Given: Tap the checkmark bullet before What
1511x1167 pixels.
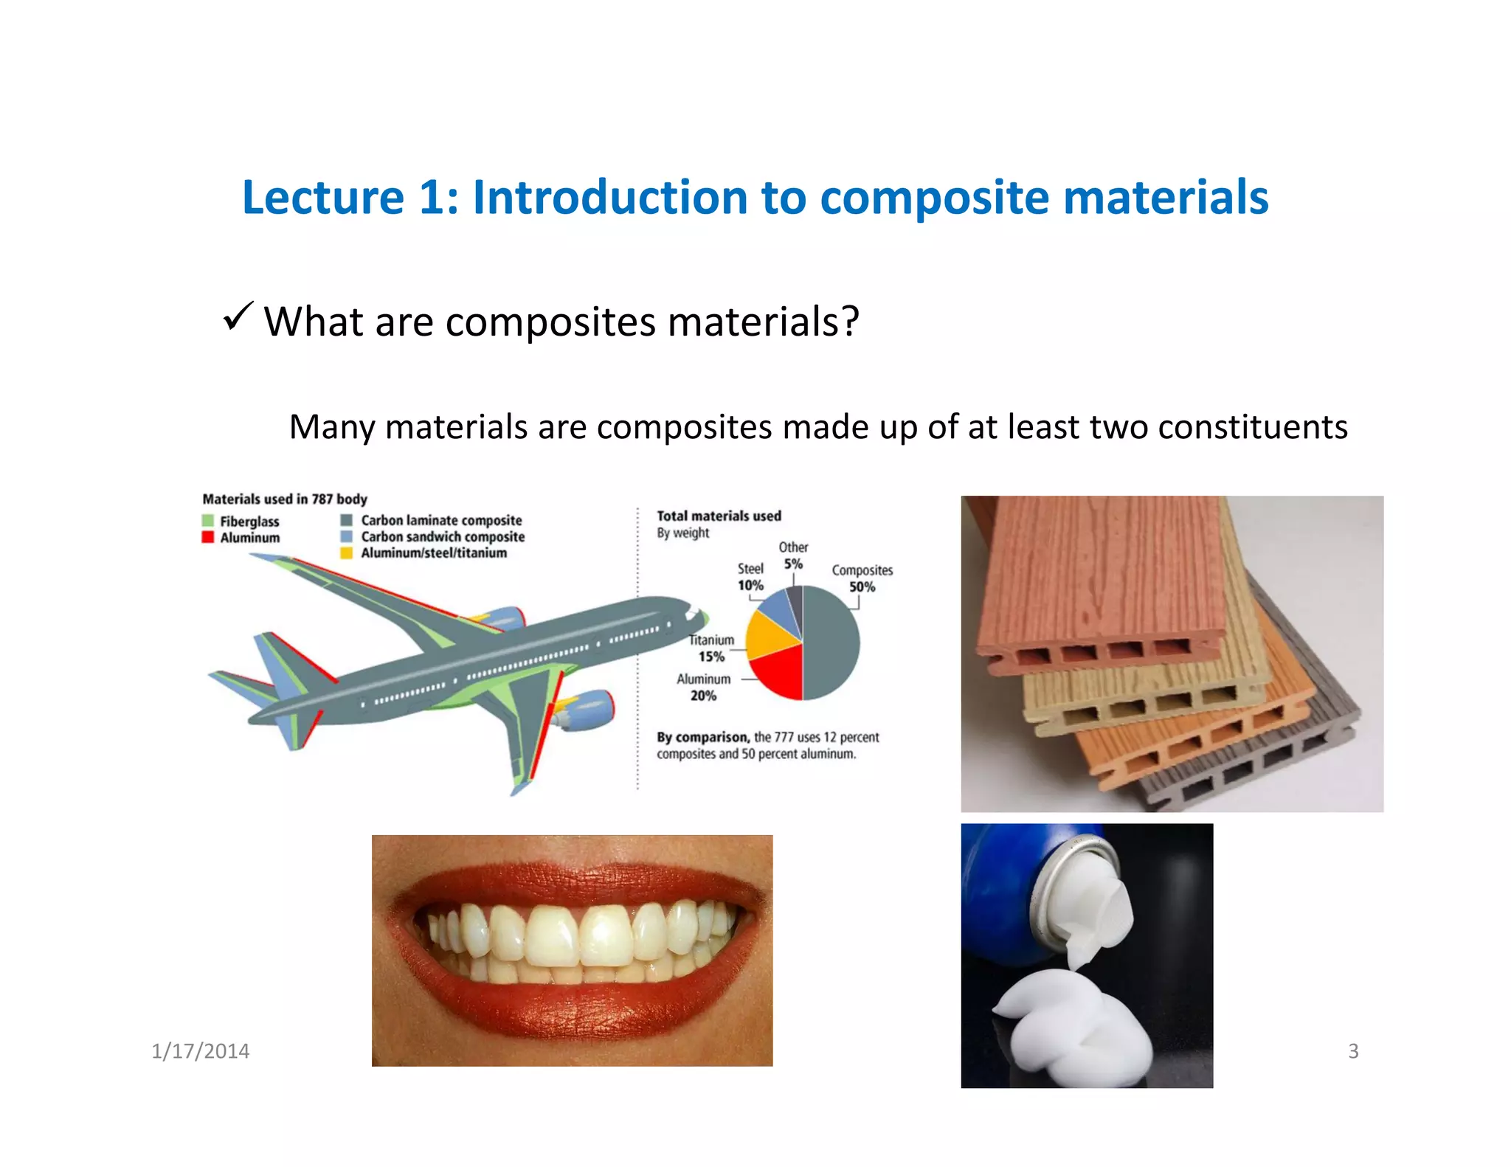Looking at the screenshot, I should tap(238, 316).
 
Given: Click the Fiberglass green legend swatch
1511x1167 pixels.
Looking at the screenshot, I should tap(208, 521).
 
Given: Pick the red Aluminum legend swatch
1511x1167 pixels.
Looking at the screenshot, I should tap(208, 537).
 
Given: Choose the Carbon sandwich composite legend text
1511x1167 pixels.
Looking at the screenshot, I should tap(442, 536).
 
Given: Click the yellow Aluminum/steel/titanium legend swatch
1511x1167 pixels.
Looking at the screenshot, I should tap(346, 553).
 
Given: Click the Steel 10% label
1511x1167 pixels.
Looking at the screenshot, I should tap(750, 577).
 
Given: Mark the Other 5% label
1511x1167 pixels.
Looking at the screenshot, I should tap(793, 555).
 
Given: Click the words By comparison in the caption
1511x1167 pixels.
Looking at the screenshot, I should tap(702, 737).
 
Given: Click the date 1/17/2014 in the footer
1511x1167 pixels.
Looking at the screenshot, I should tap(200, 1051).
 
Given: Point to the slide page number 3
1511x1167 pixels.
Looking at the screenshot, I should tap(1353, 1051).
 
